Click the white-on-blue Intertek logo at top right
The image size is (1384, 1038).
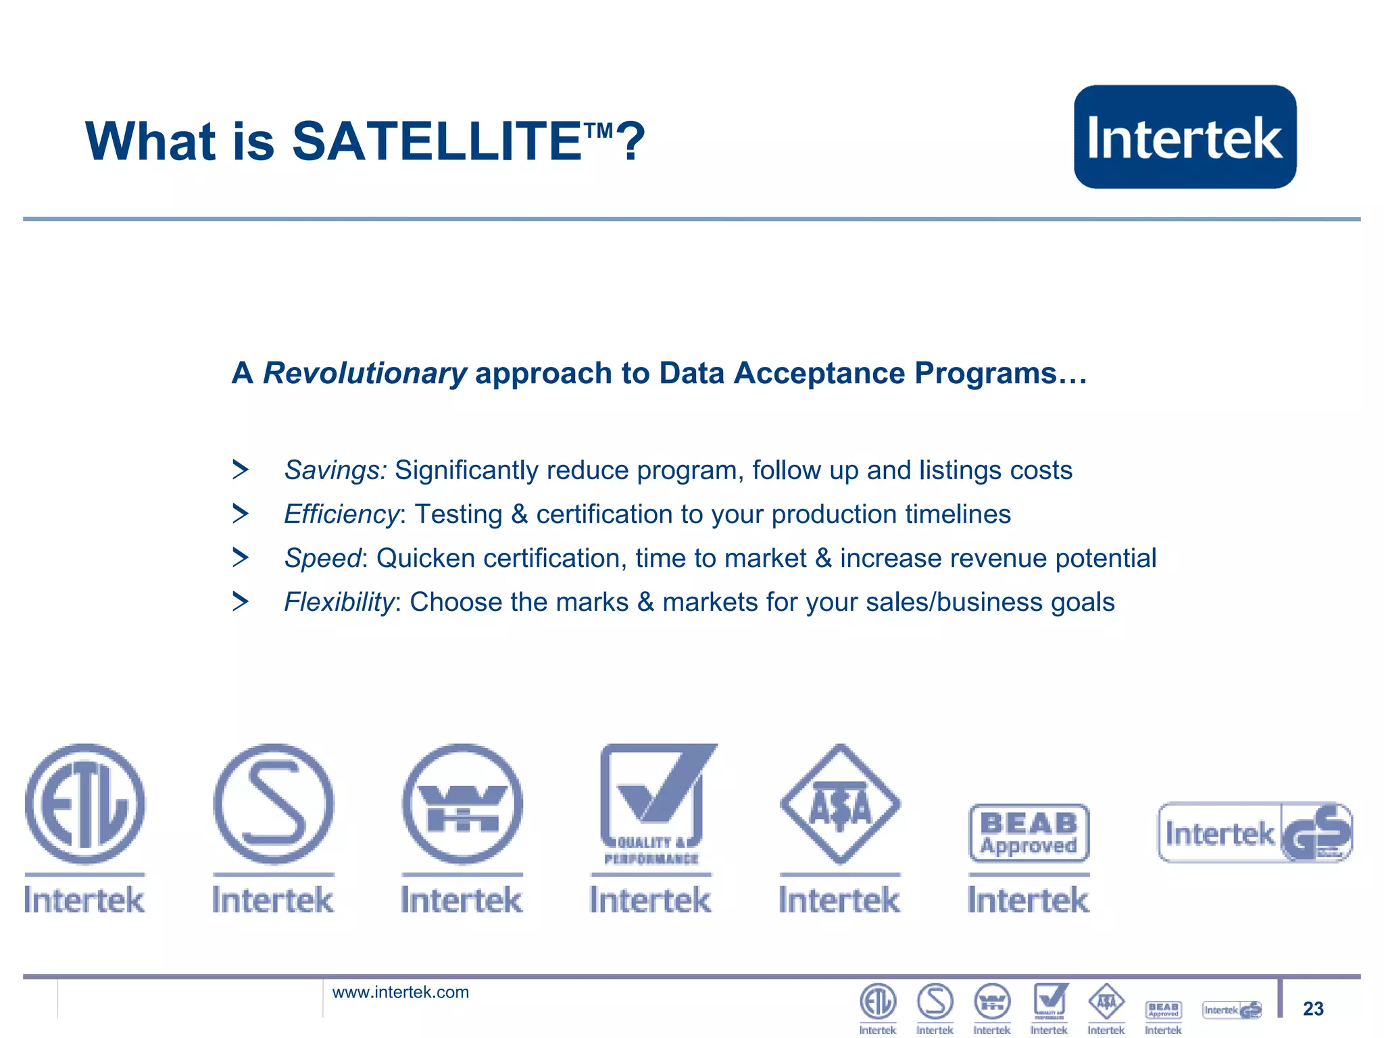click(1185, 137)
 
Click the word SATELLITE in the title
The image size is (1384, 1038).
click(437, 141)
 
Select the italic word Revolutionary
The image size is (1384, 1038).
click(364, 373)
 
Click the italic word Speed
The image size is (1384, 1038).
click(323, 558)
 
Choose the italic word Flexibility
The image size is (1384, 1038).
click(339, 602)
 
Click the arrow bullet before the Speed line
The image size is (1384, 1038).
click(240, 558)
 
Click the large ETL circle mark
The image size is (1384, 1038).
click(84, 804)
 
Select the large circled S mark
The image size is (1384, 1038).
click(273, 804)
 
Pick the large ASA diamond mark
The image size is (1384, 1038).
click(840, 804)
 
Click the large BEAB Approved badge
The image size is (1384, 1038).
click(1029, 833)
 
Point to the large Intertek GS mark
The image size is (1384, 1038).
click(1255, 833)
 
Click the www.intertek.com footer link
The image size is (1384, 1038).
click(400, 992)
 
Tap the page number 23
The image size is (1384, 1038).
click(1313, 1008)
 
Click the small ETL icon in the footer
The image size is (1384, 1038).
click(877, 1002)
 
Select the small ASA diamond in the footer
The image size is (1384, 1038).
click(1106, 1002)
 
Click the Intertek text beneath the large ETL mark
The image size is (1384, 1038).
click(84, 900)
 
